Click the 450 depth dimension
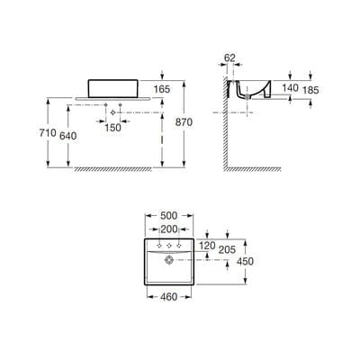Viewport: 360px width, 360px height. pyautogui.click(x=245, y=261)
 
